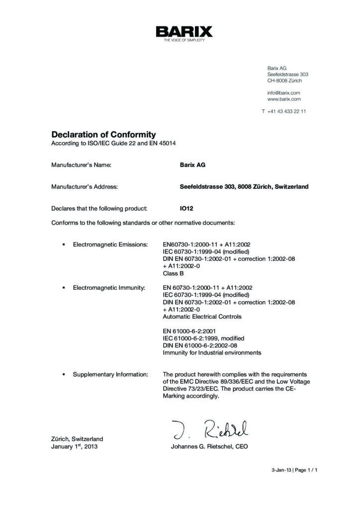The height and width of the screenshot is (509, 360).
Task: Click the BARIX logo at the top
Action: point(184,32)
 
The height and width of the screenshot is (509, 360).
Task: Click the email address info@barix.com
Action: point(283,92)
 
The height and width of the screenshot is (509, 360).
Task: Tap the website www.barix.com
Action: point(284,99)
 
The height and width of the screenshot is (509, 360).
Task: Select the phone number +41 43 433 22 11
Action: point(286,111)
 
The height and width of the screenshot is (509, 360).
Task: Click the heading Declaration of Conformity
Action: point(103,135)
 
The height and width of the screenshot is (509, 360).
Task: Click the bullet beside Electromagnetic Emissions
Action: point(64,245)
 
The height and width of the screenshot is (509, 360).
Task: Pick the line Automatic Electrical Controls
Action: point(202,317)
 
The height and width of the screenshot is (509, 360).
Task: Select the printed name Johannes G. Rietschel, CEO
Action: point(209,447)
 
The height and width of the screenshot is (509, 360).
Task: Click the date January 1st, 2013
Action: point(74,447)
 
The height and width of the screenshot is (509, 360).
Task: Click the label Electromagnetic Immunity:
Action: point(109,288)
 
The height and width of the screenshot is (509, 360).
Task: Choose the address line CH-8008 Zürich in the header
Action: point(284,81)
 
